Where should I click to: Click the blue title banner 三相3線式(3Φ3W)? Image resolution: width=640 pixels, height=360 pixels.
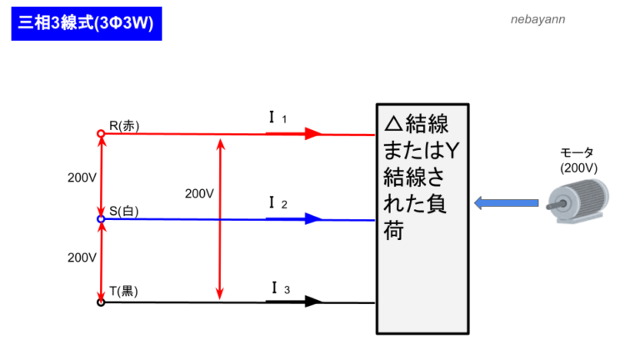point(87,22)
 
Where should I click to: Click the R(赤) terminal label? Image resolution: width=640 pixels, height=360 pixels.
point(124,126)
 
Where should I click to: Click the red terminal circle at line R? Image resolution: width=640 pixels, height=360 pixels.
point(101,133)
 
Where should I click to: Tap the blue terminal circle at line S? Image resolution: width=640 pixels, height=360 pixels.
point(101,219)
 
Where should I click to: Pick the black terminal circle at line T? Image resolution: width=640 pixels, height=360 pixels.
point(101,302)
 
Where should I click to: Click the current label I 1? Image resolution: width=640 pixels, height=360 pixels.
point(277,118)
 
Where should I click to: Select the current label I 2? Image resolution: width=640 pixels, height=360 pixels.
point(277,203)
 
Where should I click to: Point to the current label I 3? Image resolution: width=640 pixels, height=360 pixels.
point(280,288)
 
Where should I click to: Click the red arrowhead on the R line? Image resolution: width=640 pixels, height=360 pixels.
point(312,133)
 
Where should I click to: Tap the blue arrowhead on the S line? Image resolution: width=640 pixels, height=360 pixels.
point(312,219)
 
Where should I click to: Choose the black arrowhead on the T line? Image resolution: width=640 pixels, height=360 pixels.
point(312,302)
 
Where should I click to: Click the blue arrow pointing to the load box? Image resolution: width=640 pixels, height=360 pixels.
point(506,202)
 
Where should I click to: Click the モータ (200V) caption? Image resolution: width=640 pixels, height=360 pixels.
point(578,160)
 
